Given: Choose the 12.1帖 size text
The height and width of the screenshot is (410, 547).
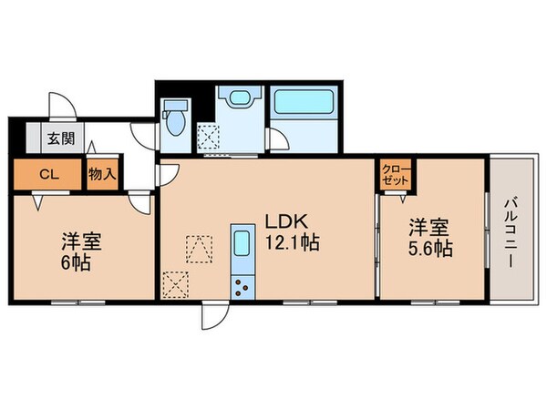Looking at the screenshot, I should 290,244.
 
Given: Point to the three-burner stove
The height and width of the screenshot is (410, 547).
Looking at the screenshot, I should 243,286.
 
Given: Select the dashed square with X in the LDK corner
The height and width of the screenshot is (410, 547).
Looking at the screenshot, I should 174,285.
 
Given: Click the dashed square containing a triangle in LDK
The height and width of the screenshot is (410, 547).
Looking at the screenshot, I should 199,246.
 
